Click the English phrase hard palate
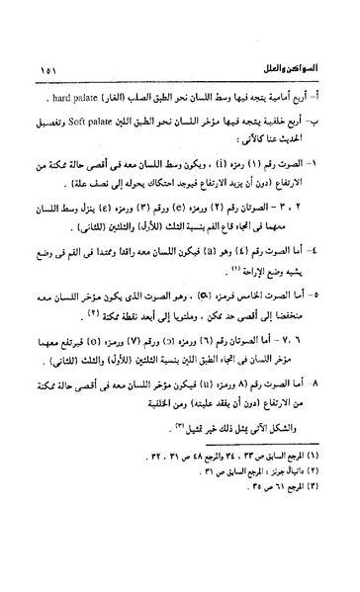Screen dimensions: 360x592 click(x=62, y=101)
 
